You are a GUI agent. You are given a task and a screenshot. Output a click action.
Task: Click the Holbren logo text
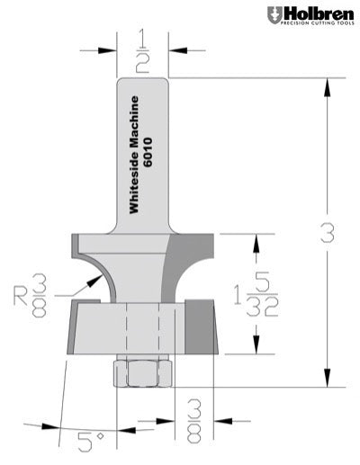click(316, 13)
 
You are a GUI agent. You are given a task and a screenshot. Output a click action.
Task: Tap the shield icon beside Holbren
click(274, 15)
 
